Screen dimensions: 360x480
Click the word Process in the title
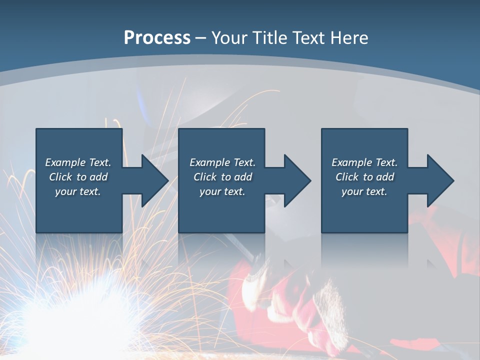(157, 38)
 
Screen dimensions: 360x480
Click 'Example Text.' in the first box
(78, 162)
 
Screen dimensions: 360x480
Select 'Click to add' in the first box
(78, 177)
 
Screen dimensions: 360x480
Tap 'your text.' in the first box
(78, 191)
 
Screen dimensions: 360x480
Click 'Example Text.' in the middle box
(222, 162)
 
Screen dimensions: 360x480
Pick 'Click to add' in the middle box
(222, 177)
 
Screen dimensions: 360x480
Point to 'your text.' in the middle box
(222, 191)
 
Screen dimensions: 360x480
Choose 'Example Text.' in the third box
(364, 162)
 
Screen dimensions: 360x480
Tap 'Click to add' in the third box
(364, 177)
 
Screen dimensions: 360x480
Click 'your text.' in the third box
(364, 191)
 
